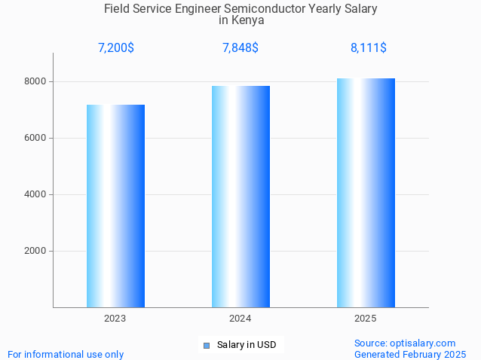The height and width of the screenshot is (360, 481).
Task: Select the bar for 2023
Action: click(x=115, y=206)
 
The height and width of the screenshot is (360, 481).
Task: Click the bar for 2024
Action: click(x=240, y=196)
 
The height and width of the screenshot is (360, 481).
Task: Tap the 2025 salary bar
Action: click(x=366, y=192)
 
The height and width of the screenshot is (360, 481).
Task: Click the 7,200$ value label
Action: click(x=116, y=48)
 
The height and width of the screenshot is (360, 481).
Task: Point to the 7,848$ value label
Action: click(x=240, y=48)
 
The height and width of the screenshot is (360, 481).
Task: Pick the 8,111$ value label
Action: click(x=369, y=48)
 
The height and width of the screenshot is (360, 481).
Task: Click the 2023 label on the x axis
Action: click(x=115, y=319)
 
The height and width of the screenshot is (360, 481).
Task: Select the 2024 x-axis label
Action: click(x=240, y=319)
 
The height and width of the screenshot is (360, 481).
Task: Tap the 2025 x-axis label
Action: click(x=366, y=319)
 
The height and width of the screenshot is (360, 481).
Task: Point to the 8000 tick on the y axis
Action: click(x=35, y=81)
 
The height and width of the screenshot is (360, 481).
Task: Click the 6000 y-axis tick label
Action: click(x=35, y=138)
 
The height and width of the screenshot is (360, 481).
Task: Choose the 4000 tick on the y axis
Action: click(x=35, y=194)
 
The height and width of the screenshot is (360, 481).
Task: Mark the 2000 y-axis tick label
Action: click(x=35, y=251)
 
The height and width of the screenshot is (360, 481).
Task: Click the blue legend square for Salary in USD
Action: click(x=207, y=346)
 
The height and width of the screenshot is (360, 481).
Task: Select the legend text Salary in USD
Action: click(x=247, y=346)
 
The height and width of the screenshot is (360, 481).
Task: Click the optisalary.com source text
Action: click(x=405, y=343)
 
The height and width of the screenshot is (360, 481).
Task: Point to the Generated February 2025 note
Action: click(x=410, y=354)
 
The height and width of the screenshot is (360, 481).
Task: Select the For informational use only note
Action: click(x=66, y=354)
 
